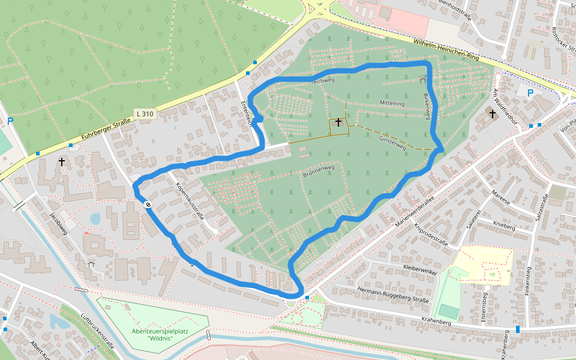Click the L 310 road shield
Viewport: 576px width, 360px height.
coord(145,113)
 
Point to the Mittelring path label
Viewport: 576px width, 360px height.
coord(392,104)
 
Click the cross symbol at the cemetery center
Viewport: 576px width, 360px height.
coord(338,122)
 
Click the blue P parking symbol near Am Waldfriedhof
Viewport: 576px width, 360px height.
coord(530,93)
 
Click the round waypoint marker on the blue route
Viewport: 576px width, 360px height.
coord(148,205)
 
